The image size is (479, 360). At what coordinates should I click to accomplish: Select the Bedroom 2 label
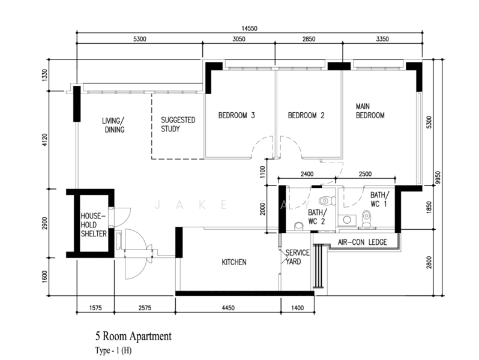(306, 116)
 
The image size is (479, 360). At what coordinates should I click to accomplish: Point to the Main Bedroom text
(370, 111)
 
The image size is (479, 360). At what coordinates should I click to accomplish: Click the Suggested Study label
(178, 124)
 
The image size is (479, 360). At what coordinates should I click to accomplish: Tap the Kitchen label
(234, 262)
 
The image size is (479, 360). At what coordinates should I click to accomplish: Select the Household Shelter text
(94, 224)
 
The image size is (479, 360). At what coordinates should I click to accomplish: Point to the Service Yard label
(297, 257)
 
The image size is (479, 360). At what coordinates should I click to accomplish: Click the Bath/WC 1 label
(379, 199)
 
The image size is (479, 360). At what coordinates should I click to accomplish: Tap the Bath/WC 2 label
(317, 217)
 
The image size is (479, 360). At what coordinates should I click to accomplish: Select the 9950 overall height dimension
(445, 178)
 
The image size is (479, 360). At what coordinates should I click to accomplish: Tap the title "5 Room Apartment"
(133, 337)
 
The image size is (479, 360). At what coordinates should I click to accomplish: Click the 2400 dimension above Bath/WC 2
(308, 175)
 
